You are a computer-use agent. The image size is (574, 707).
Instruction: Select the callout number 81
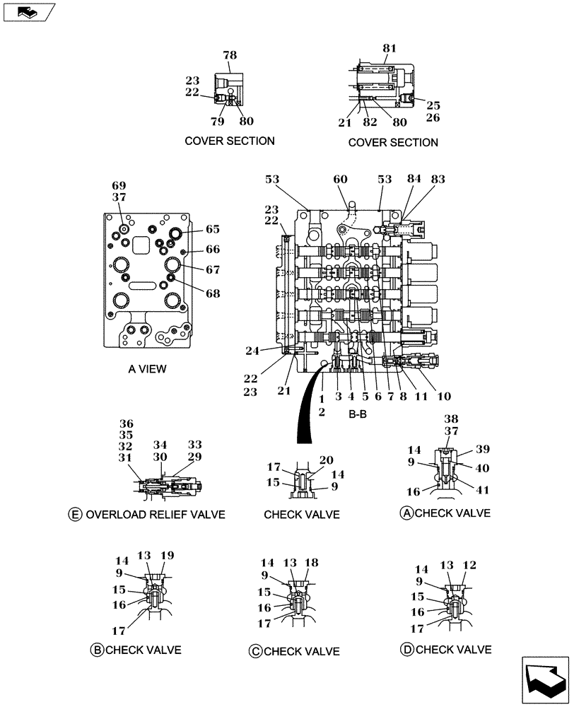(x=389, y=48)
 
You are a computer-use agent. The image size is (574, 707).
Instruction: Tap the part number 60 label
(x=340, y=180)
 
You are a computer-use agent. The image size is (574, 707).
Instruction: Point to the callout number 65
(x=213, y=229)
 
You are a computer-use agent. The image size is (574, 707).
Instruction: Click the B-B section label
(x=358, y=414)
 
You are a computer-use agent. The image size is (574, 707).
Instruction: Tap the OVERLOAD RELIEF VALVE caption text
(x=155, y=514)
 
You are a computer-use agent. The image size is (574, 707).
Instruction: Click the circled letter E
(x=75, y=514)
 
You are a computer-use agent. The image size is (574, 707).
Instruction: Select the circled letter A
(x=406, y=513)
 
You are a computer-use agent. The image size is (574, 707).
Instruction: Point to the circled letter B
(x=97, y=650)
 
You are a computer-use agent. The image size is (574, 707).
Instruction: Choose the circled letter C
(x=255, y=651)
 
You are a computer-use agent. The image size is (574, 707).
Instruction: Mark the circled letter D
(x=406, y=649)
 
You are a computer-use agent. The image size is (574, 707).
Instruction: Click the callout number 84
(x=414, y=180)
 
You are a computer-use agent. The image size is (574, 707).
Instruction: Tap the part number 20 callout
(x=325, y=460)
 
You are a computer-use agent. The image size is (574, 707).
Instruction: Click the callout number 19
(x=167, y=556)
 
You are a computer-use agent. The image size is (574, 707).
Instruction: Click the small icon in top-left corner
(x=27, y=11)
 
